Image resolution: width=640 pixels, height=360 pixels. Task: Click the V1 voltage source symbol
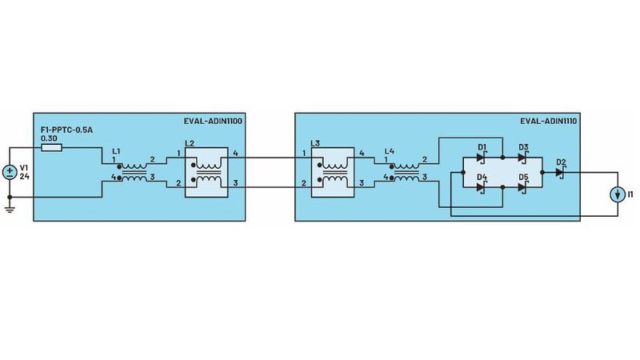point(10,171)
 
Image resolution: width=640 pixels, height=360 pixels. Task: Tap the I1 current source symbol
point(617,194)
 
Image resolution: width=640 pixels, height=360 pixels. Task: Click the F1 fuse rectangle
point(51,148)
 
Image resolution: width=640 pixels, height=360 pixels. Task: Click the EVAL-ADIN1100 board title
point(212,122)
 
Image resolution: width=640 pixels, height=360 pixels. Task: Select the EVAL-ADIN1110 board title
point(549,122)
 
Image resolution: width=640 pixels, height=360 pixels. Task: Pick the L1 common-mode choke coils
point(134,170)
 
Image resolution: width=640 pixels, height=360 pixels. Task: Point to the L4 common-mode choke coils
point(406,170)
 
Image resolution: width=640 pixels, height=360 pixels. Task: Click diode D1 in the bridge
point(482,158)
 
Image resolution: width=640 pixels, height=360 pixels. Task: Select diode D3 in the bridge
point(522,158)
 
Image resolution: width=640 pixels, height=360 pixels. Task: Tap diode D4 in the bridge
point(482,186)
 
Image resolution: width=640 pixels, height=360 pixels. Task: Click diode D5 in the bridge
point(522,186)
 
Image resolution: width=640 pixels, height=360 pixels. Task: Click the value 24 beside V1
point(24,176)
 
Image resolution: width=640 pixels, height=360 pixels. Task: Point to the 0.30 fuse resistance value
point(48,138)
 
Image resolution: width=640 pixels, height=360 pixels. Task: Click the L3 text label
point(314,143)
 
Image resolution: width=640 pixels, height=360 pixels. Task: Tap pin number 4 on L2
point(234,152)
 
